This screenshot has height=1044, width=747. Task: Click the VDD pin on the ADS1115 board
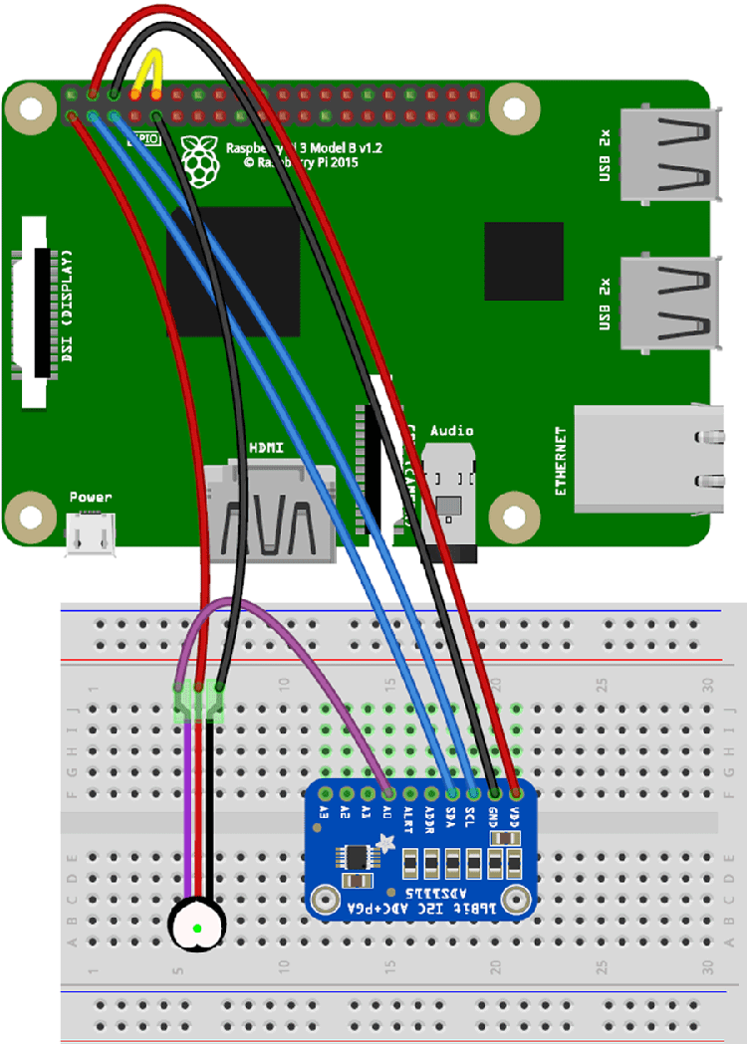coord(516,794)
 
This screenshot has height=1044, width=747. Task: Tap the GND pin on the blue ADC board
coord(495,794)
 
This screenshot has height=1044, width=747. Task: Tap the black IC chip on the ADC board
coord(356,859)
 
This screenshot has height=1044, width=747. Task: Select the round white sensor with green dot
coord(196,927)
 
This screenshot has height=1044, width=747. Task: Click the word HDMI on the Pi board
coord(266,449)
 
